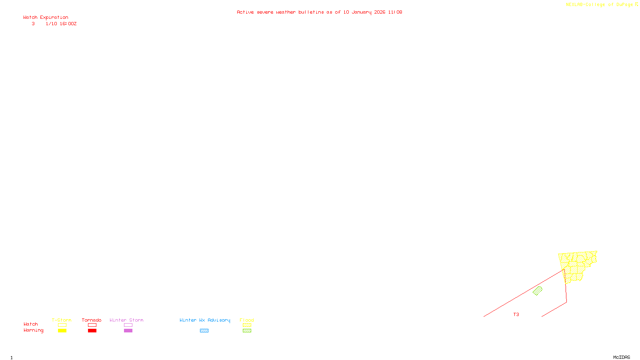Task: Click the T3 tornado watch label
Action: point(516,314)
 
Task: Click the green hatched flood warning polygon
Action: point(538,291)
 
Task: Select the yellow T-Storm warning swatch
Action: point(62,331)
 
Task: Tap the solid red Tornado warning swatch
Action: point(92,331)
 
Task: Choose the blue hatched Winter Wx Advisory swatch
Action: point(204,331)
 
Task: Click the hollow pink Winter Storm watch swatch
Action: point(128,325)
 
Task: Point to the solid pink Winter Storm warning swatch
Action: point(128,331)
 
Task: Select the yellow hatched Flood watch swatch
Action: point(247,325)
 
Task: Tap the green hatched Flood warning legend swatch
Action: point(247,331)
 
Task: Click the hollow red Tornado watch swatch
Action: point(92,325)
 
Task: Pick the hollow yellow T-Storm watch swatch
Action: point(62,325)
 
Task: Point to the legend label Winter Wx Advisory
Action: point(205,320)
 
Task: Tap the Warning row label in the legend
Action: point(33,330)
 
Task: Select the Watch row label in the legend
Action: point(30,324)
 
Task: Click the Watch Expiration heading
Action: point(46,17)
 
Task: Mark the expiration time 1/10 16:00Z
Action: point(61,24)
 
